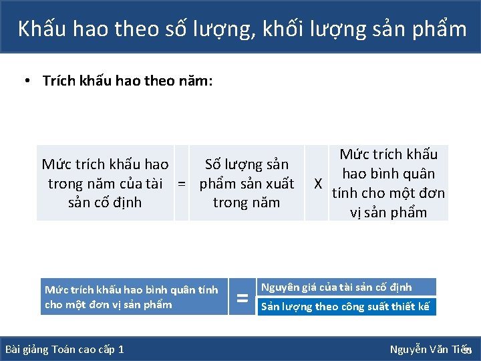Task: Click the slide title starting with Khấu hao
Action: click(242, 29)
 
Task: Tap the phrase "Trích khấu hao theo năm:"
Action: click(127, 81)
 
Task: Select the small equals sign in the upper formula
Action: click(181, 183)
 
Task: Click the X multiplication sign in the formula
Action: click(319, 183)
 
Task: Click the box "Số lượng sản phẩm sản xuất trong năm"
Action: click(247, 183)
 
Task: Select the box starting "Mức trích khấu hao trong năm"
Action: click(105, 183)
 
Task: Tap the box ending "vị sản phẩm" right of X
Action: click(388, 183)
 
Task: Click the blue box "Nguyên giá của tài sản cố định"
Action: click(346, 287)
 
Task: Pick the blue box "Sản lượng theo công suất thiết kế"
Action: click(346, 307)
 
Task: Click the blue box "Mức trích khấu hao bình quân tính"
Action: click(134, 297)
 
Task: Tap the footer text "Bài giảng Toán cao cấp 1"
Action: click(64, 350)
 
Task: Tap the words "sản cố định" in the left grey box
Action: click(105, 203)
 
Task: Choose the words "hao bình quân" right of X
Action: click(388, 174)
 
